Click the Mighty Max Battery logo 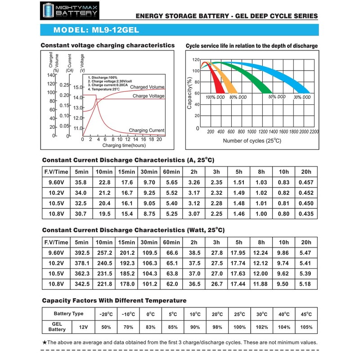69,11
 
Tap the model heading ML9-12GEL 95,30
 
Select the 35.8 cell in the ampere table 81,182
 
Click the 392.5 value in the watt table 81,253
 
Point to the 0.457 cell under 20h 306,182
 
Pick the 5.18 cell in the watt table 306,284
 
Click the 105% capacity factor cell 306,327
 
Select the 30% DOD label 301,97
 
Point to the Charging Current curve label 147,130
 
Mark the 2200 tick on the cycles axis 314,132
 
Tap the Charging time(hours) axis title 124,146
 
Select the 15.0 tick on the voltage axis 78,87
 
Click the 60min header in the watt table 171,242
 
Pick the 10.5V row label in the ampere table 56,203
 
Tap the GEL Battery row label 57,327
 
